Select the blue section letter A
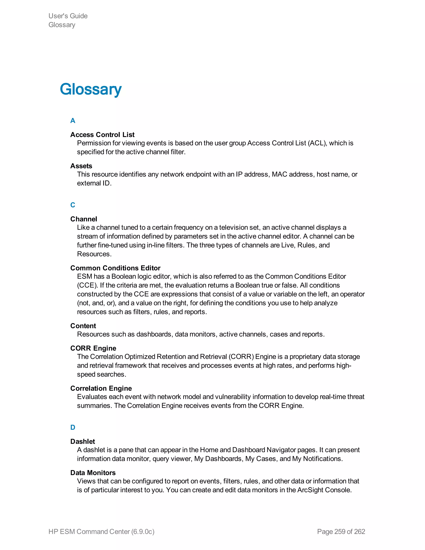[73, 121]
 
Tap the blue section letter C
[73, 205]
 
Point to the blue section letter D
[73, 427]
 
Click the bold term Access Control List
[102, 135]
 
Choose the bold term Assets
[81, 166]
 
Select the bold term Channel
[84, 219]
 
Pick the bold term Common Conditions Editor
[115, 268]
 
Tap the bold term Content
[83, 326]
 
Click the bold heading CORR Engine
[93, 348]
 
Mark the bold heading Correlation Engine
[101, 388]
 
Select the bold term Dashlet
[83, 441]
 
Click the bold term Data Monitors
[93, 473]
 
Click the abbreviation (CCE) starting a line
[87, 285]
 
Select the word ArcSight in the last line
[310, 490]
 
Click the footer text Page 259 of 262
[341, 531]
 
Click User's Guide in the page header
[68, 16]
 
